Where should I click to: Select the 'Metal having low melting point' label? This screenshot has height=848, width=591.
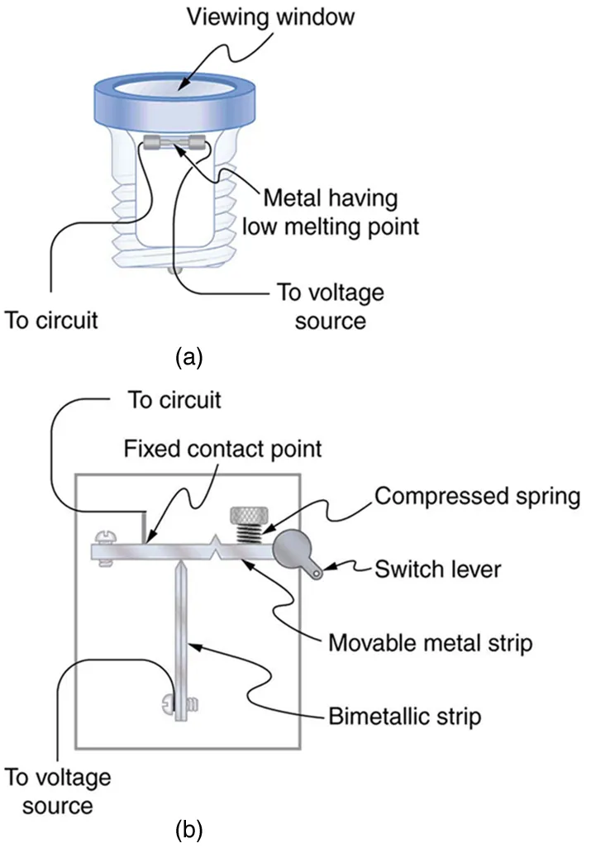pos(340,212)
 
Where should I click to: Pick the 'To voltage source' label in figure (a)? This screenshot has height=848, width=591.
pos(331,305)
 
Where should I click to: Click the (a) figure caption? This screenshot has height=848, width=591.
pos(189,356)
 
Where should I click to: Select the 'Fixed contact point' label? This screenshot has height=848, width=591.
pos(222,450)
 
